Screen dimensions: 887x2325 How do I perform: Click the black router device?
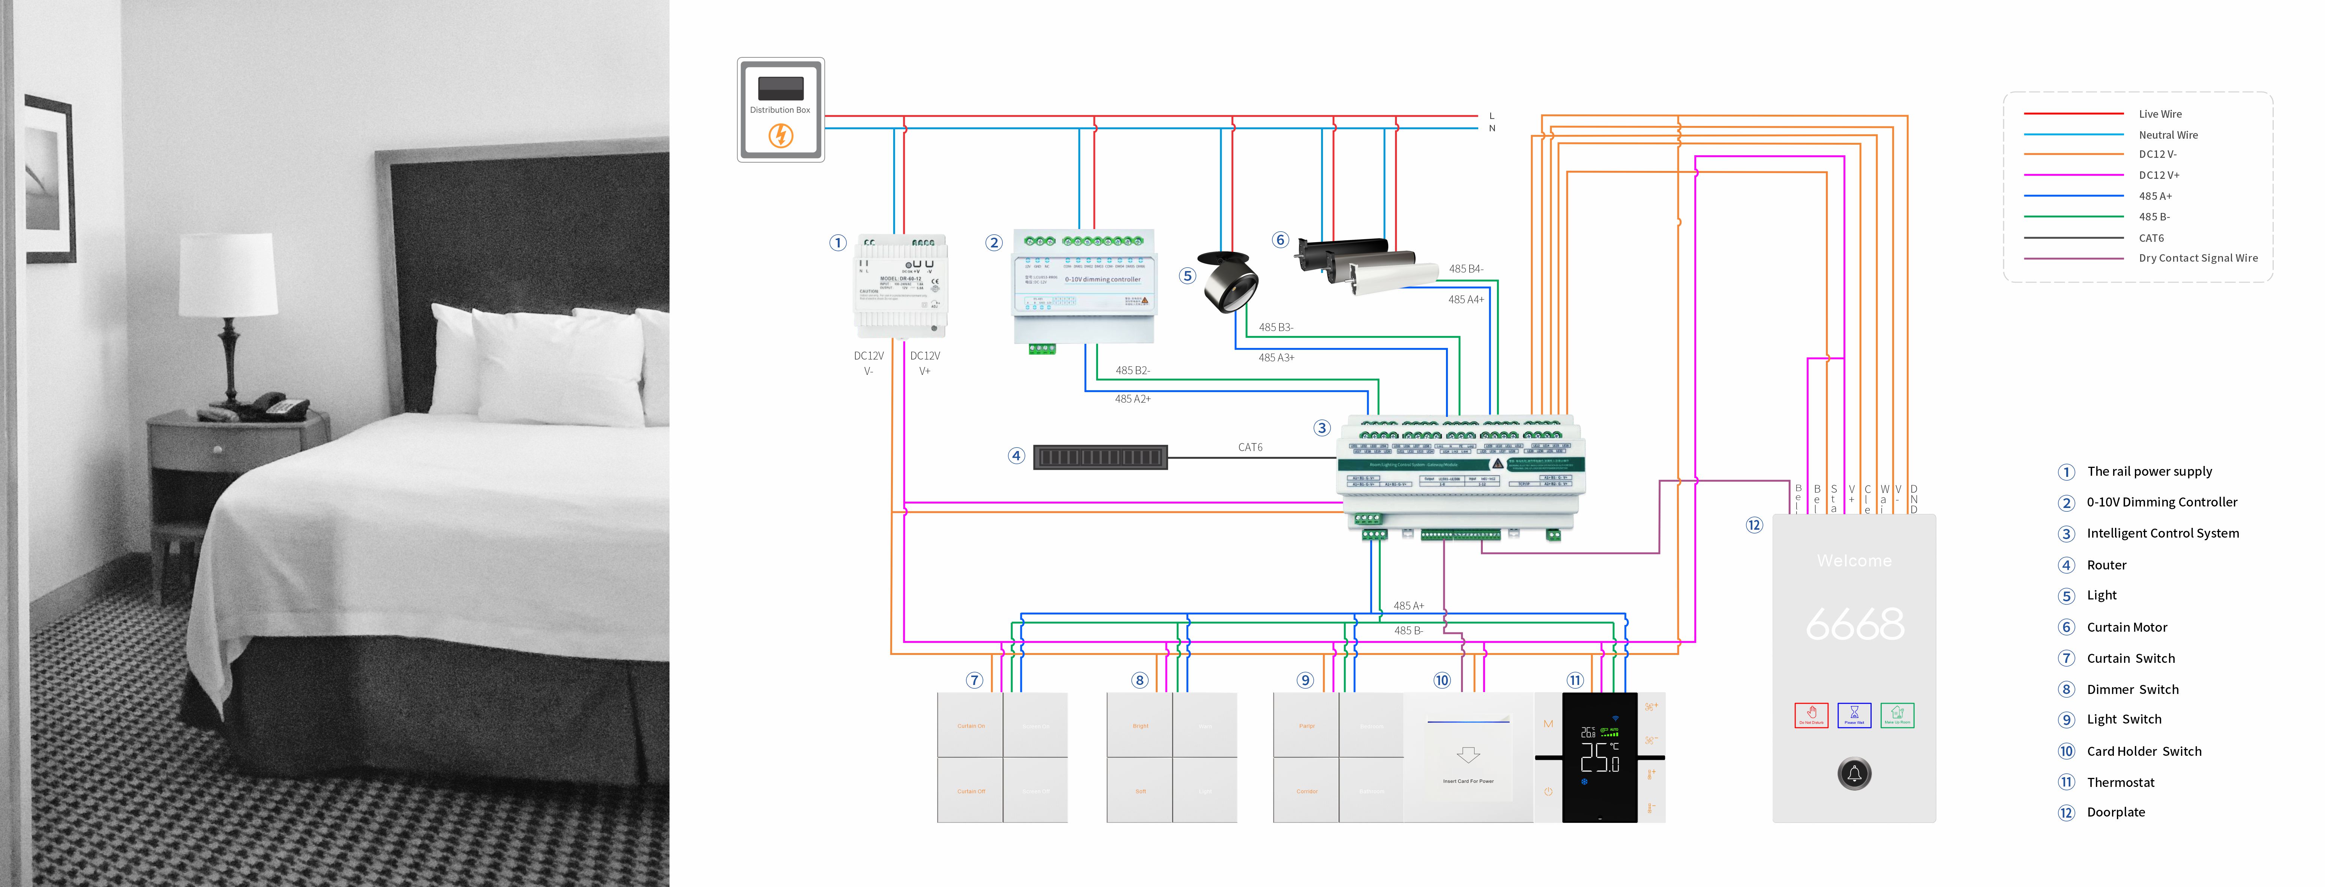(1100, 457)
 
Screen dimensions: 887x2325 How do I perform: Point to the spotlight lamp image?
(1229, 282)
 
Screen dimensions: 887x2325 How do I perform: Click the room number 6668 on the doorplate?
(1855, 625)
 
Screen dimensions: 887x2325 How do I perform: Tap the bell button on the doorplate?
(1855, 773)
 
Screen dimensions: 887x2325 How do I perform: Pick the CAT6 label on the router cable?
(1250, 448)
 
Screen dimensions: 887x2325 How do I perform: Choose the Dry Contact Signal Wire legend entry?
(2198, 258)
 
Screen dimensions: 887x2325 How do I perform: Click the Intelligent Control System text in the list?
(2163, 533)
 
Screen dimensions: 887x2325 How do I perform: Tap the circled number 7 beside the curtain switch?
(974, 680)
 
